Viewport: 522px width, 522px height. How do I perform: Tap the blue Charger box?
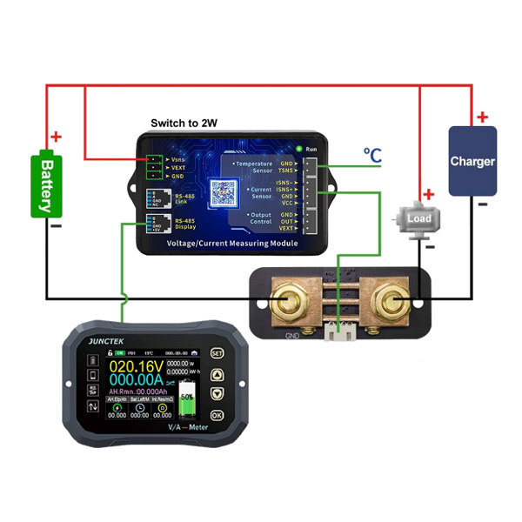click(x=472, y=161)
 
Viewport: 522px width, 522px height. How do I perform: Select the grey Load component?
click(x=418, y=218)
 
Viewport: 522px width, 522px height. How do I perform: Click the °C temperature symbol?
click(x=372, y=156)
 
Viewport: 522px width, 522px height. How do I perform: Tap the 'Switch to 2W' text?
click(x=184, y=124)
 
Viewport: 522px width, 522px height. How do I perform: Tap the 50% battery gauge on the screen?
click(x=187, y=406)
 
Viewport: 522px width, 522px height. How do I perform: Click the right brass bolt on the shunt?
click(x=388, y=303)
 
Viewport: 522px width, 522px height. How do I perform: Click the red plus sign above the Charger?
click(x=482, y=117)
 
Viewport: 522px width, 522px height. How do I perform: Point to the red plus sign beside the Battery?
click(x=57, y=137)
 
